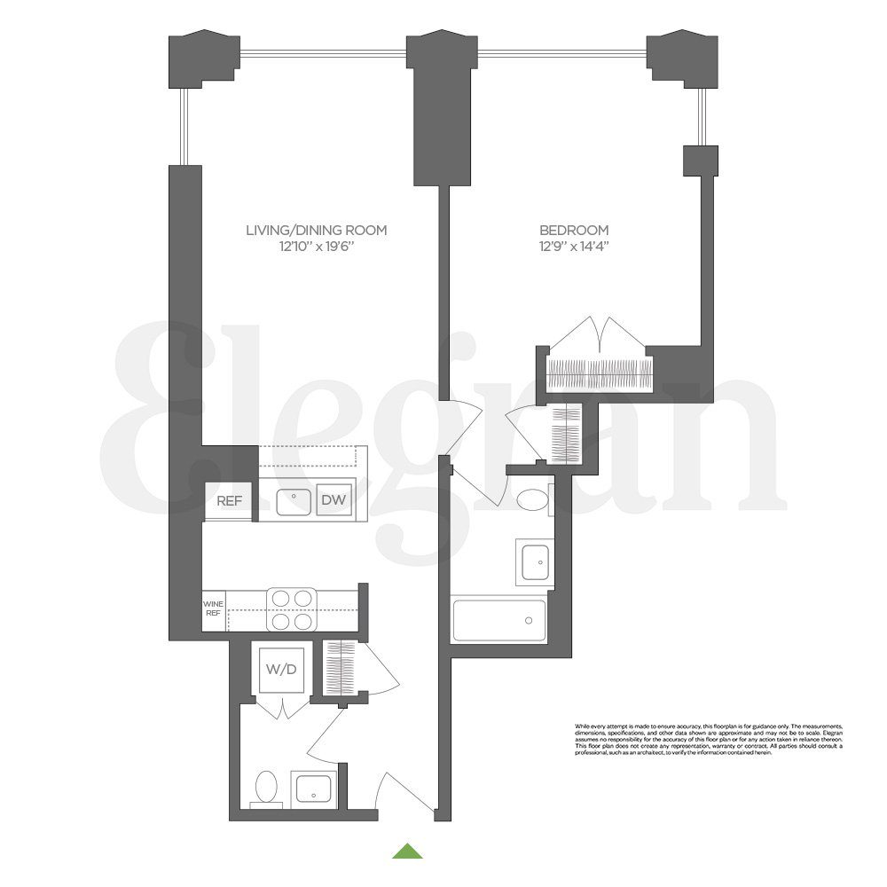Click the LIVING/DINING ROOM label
[317, 231]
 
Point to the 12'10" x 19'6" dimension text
[317, 247]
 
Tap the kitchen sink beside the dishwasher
[293, 502]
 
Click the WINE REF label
[214, 610]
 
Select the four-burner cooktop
[293, 609]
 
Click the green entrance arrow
[407, 851]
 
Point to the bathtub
[499, 619]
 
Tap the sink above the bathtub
[534, 561]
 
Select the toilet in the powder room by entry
[266, 788]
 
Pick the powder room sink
[312, 788]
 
